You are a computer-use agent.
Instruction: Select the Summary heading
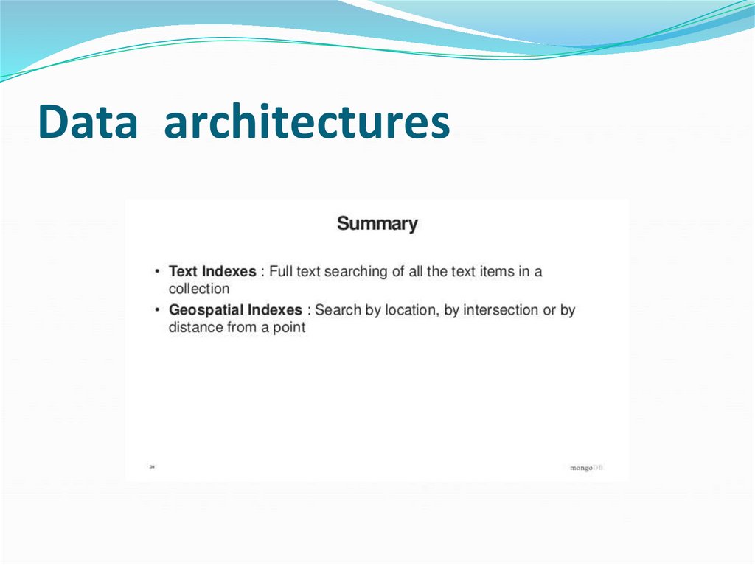click(377, 223)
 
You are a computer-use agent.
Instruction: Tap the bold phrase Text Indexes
click(212, 271)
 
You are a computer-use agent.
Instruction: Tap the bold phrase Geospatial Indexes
click(235, 310)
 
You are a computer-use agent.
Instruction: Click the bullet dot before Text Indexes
click(158, 272)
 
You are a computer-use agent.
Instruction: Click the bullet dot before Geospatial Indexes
click(158, 311)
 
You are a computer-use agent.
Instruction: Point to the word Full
click(281, 271)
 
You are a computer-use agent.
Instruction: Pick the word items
click(497, 271)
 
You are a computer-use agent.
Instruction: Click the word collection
click(199, 289)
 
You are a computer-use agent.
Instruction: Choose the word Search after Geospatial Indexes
click(338, 310)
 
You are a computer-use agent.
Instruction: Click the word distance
click(196, 328)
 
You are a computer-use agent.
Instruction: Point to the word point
click(287, 328)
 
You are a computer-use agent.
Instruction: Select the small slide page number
click(152, 466)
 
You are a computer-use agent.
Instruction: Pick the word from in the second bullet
click(242, 328)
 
